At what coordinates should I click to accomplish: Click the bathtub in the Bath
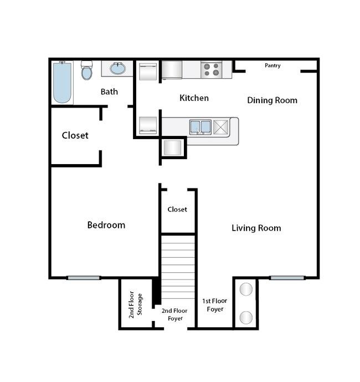(x=63, y=83)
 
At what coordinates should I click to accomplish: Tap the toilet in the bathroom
(x=86, y=70)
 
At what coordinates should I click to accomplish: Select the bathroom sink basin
(x=118, y=68)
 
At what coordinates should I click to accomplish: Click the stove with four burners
(x=211, y=69)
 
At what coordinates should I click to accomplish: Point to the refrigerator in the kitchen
(x=172, y=70)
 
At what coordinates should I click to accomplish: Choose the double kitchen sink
(x=200, y=127)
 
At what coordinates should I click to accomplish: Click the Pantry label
(x=272, y=65)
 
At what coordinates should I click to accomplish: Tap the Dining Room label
(x=272, y=100)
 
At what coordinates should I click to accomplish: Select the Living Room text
(x=256, y=228)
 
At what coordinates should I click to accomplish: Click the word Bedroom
(x=106, y=225)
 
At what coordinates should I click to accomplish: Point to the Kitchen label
(x=194, y=98)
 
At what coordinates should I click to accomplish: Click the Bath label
(x=109, y=91)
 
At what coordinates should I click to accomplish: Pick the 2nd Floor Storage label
(x=135, y=304)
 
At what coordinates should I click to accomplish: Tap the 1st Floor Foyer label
(x=215, y=305)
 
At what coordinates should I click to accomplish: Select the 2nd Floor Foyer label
(x=174, y=314)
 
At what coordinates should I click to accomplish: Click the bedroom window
(x=84, y=278)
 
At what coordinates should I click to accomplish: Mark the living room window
(x=287, y=278)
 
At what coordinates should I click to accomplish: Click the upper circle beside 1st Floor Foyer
(x=246, y=289)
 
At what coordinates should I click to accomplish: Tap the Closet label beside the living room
(x=177, y=209)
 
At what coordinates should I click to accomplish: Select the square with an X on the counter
(x=221, y=127)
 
